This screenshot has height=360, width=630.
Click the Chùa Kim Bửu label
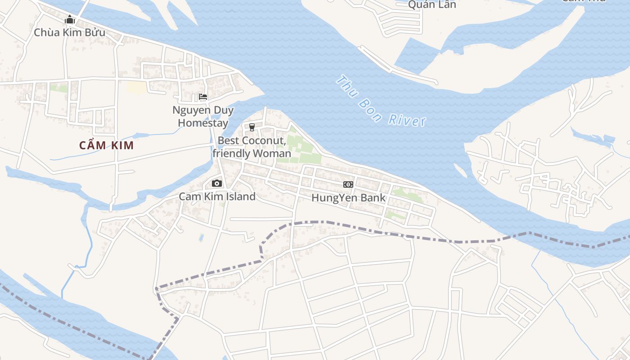click(70, 32)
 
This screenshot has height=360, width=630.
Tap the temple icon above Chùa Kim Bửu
click(70, 20)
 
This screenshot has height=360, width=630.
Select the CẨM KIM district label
click(107, 145)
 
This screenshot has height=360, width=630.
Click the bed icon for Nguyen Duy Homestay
click(203, 97)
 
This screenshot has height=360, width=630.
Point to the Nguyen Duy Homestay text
click(203, 117)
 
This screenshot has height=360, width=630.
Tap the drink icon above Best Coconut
click(252, 127)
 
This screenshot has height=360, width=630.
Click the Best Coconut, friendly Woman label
click(252, 147)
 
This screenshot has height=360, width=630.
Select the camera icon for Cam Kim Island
click(217, 183)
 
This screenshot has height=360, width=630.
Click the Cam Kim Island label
click(217, 197)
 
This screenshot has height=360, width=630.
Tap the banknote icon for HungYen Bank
click(348, 184)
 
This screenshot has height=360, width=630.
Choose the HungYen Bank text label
click(348, 198)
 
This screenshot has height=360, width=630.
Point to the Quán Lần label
click(432, 4)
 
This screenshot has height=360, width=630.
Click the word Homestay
click(203, 123)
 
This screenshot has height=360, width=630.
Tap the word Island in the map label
click(241, 197)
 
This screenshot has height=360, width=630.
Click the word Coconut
click(263, 141)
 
